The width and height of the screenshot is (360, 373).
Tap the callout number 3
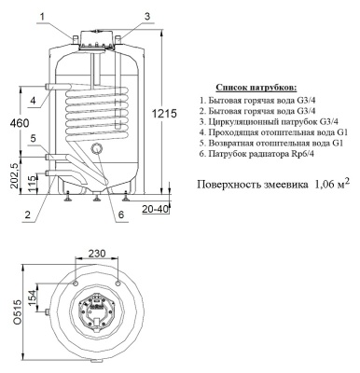click(x=147, y=16)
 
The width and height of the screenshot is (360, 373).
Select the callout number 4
click(x=32, y=98)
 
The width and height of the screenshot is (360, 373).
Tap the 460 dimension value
click(x=11, y=122)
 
